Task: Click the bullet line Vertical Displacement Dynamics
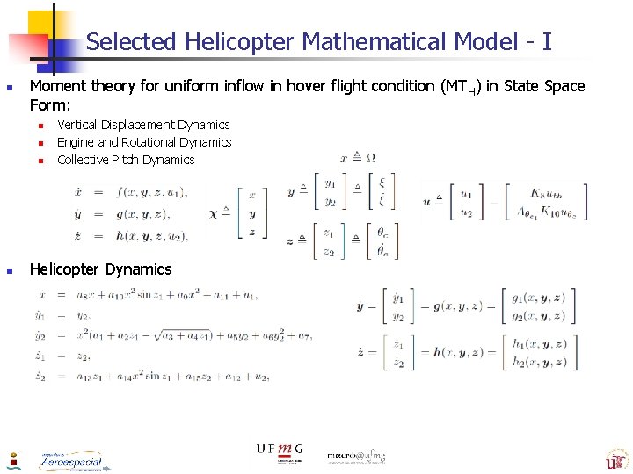(143, 125)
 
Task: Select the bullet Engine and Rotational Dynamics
(144, 142)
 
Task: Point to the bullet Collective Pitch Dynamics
(126, 160)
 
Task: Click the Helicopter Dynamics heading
(100, 269)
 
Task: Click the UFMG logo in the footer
(280, 450)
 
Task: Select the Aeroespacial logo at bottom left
(70, 461)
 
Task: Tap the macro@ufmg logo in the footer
(356, 456)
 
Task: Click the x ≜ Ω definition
(358, 158)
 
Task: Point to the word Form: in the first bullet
(49, 104)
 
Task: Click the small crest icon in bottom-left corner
(13, 460)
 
